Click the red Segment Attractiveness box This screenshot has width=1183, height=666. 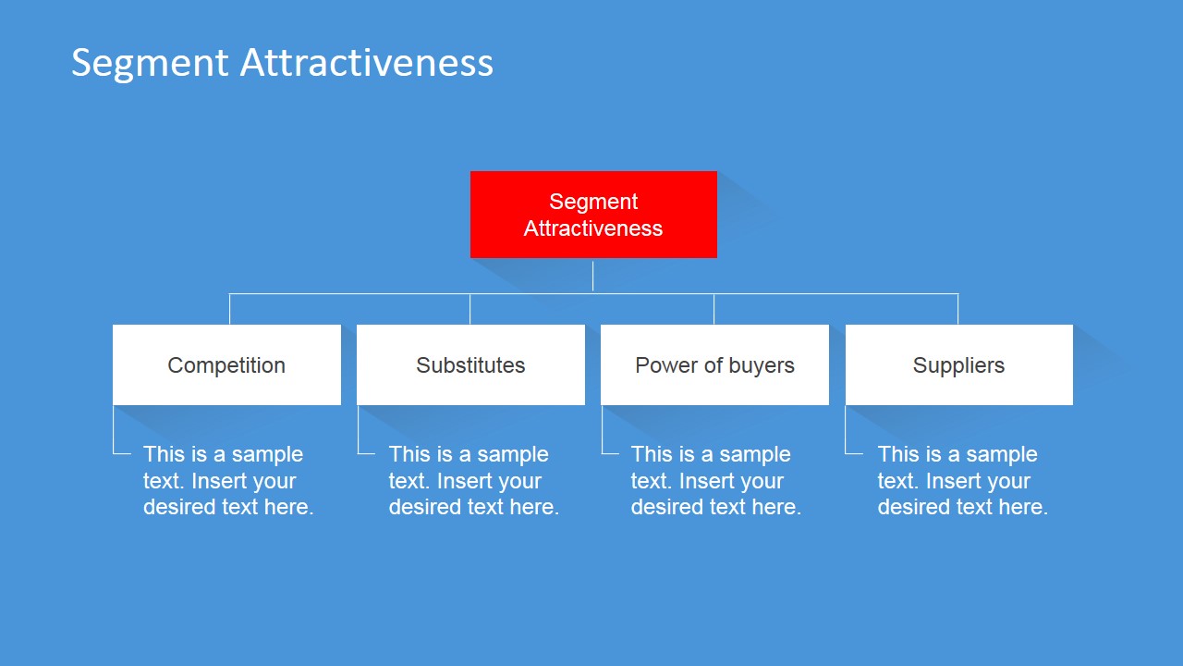(x=593, y=215)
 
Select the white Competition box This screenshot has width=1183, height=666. (x=226, y=364)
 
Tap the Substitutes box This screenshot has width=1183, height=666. (x=470, y=364)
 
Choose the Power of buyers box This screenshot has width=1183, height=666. (x=714, y=364)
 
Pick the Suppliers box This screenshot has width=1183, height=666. (x=958, y=364)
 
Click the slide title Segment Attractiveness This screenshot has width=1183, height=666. (x=282, y=63)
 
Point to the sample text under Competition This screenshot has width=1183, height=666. (x=228, y=480)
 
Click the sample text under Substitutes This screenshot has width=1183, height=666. (x=473, y=480)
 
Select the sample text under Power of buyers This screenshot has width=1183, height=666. (x=715, y=480)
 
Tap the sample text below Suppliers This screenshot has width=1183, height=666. (x=962, y=480)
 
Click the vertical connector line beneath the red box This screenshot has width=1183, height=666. (x=593, y=276)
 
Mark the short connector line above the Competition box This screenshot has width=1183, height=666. (x=229, y=309)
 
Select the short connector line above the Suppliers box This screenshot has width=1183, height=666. (x=957, y=309)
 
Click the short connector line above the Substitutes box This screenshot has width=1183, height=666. (x=470, y=309)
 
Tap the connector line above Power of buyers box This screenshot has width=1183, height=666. (x=713, y=309)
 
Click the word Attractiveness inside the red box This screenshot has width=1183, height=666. (x=593, y=228)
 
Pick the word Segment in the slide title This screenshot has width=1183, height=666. (x=150, y=63)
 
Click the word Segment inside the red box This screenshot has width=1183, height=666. (x=593, y=202)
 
